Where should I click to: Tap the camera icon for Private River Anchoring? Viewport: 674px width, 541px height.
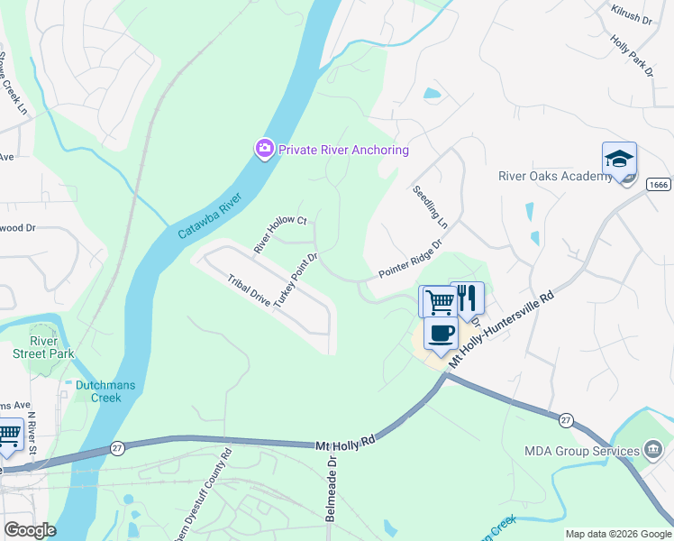(x=264, y=149)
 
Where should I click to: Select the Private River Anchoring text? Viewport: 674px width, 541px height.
(x=343, y=150)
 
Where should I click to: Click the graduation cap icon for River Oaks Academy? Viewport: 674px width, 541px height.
(x=619, y=160)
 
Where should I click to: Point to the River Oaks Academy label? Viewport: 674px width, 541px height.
(x=555, y=176)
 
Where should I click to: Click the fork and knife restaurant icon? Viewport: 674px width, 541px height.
(x=467, y=298)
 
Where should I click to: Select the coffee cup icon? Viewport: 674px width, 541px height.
(x=440, y=333)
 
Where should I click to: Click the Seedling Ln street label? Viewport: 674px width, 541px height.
(x=431, y=205)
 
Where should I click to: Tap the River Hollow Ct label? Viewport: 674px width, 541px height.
(x=280, y=234)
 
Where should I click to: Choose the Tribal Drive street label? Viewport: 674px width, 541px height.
(x=249, y=293)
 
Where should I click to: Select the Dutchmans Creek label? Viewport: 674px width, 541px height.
(x=105, y=391)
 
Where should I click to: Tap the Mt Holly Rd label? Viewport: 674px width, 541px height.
(x=344, y=444)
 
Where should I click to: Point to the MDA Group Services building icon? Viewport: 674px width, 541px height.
(x=654, y=449)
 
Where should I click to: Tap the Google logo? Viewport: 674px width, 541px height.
(x=29, y=530)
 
